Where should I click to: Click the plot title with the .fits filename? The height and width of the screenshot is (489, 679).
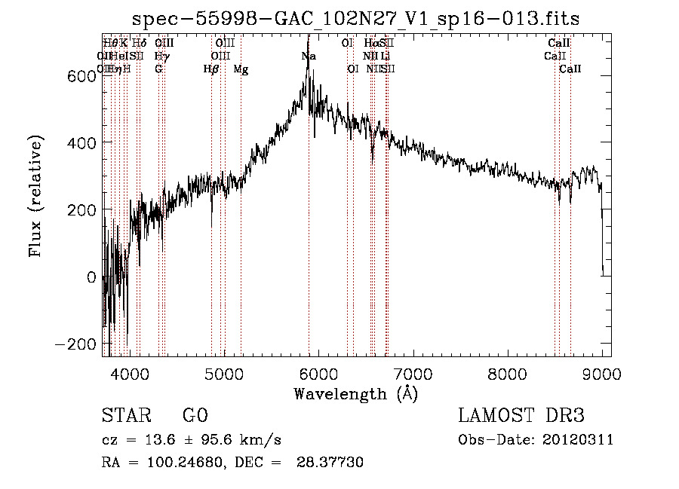pos(355,19)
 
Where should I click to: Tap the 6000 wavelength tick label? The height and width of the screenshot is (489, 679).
pos(318,373)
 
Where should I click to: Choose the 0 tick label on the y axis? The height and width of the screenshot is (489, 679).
pos(91,277)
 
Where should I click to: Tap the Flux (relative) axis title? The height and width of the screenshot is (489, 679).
pos(35,196)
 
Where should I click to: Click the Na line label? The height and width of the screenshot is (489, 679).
pos(309,57)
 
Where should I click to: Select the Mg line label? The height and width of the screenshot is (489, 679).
pos(241,69)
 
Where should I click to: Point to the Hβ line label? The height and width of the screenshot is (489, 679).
pos(211,69)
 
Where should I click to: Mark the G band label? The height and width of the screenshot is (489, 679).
pos(158,69)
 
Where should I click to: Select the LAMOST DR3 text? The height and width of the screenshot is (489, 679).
pos(521,416)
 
